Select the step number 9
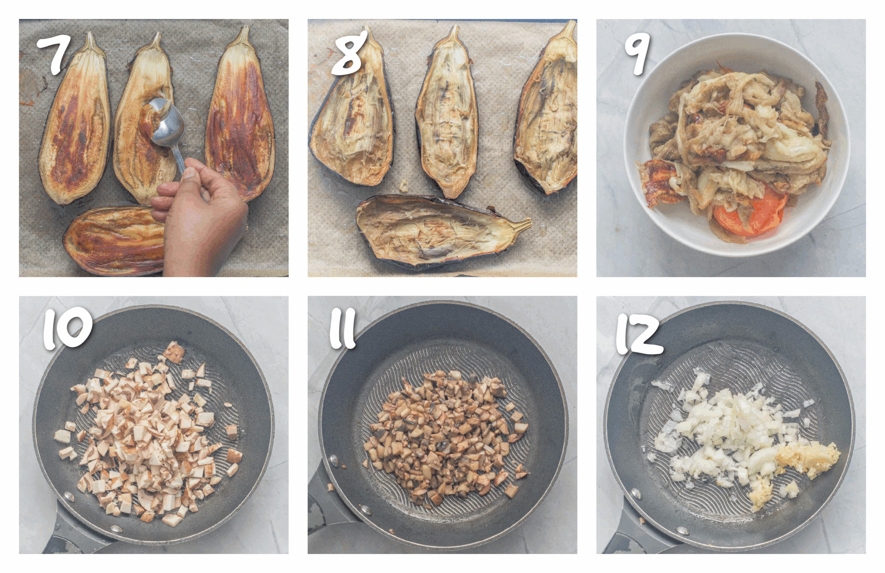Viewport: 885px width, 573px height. (x=637, y=53)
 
